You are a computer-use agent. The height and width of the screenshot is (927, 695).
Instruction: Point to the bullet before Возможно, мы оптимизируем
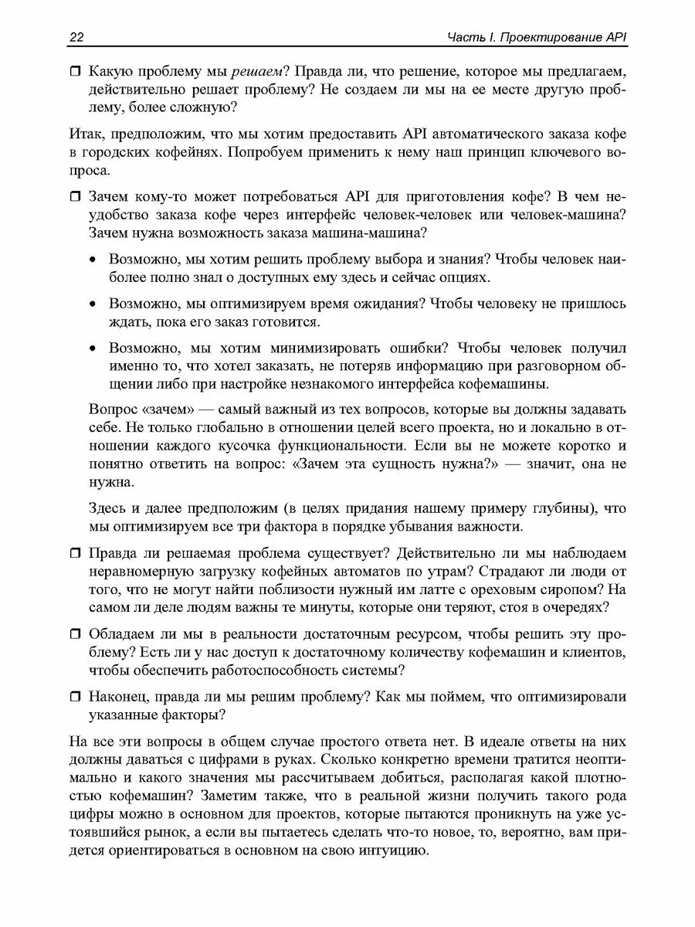(93, 303)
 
